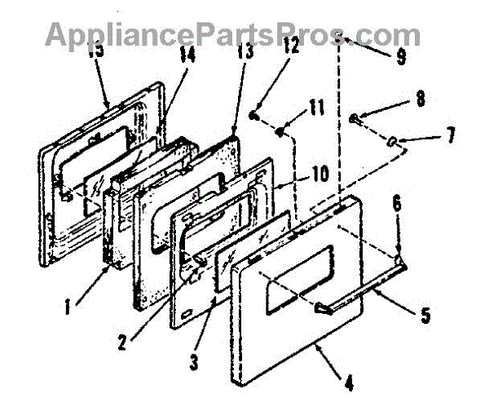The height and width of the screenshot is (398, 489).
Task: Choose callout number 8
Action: [x=421, y=99]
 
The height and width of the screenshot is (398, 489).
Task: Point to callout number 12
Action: [x=291, y=71]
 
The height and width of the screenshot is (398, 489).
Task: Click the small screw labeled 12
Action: [x=255, y=117]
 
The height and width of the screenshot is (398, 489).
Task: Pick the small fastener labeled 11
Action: [x=280, y=130]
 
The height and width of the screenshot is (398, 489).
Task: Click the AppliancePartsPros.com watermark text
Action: [x=233, y=34]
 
